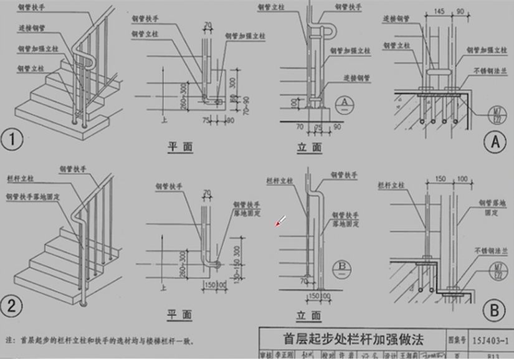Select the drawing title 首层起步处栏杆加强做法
[353, 339]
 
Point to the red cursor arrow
[281, 220]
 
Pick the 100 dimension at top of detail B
[462, 179]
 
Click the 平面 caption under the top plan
[179, 147]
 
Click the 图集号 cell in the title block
[456, 339]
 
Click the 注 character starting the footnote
[9, 341]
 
